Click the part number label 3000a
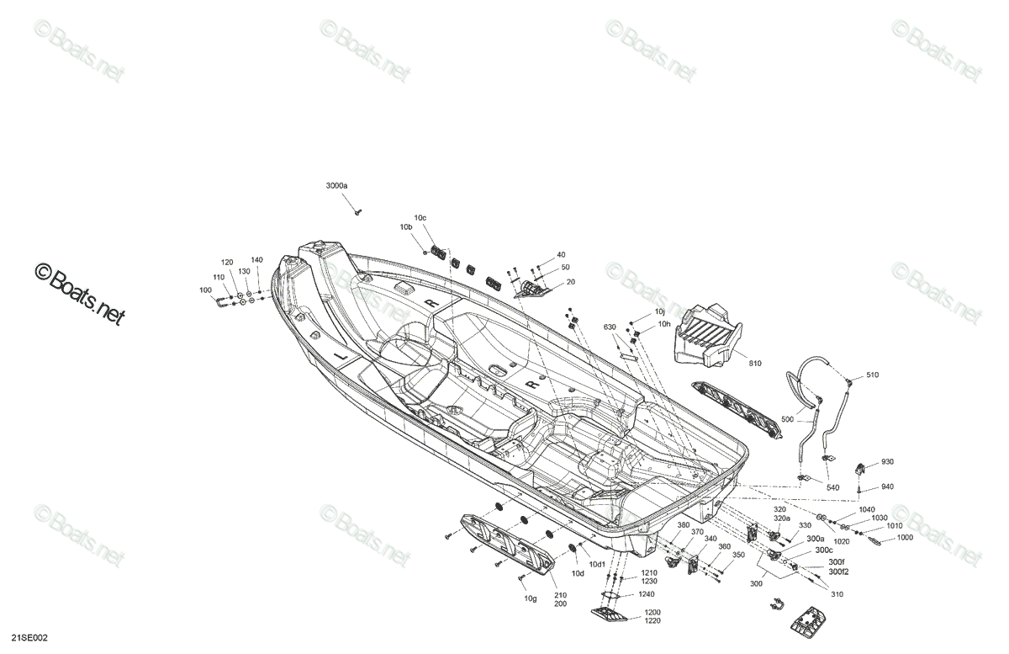coord(336,185)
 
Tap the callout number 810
coord(755,364)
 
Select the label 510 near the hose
coord(872,375)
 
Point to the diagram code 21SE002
coord(29,638)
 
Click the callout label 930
coord(887,462)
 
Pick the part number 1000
coord(905,538)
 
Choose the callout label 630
coord(610,327)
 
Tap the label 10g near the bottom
coord(531,599)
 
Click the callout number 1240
coord(647,594)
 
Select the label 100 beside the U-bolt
coord(205,290)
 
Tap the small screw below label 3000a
coord(358,211)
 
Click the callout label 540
coord(833,487)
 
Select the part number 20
coord(571,282)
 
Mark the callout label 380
coord(684,525)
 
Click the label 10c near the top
coord(420,218)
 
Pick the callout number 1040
coord(867,510)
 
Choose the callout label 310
coord(837,594)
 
